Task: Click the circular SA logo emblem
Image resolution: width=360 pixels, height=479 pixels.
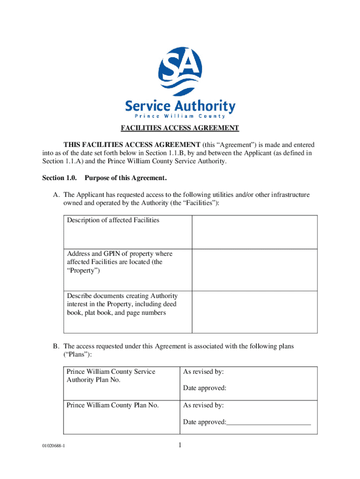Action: (x=180, y=70)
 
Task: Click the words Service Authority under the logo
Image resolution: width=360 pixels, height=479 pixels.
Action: (x=180, y=106)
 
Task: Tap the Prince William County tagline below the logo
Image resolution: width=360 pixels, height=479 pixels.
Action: (x=180, y=116)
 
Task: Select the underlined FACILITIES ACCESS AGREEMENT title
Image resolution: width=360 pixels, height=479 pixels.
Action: (x=180, y=128)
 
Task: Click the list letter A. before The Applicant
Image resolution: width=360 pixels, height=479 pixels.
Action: (x=56, y=195)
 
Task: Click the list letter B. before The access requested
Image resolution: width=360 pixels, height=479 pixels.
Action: (x=56, y=346)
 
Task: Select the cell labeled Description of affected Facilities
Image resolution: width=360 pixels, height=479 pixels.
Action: (x=113, y=220)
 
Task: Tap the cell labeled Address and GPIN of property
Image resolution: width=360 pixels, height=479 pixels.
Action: (x=120, y=262)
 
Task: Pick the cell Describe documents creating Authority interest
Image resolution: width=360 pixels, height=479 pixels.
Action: (x=122, y=304)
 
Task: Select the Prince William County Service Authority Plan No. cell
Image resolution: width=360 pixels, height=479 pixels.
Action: (x=111, y=376)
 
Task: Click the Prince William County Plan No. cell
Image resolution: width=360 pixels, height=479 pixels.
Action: (x=113, y=405)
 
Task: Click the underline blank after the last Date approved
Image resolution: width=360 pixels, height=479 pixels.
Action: (x=269, y=422)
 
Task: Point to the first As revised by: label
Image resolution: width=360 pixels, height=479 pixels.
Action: (x=203, y=371)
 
